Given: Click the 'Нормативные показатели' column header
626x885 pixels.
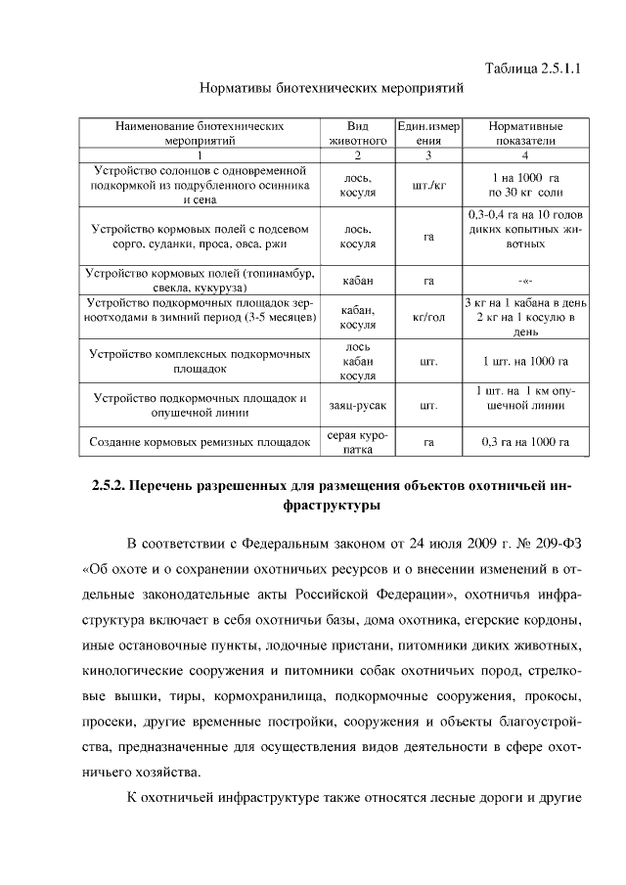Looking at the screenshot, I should click(x=525, y=133).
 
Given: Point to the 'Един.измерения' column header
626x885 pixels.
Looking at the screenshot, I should click(x=427, y=133).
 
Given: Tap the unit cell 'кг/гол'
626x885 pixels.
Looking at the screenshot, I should click(x=427, y=317).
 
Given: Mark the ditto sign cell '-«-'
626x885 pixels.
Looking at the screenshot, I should click(x=525, y=281).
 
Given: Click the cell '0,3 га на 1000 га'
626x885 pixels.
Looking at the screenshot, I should click(x=525, y=442).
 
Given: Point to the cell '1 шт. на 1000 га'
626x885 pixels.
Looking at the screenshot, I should click(x=525, y=362).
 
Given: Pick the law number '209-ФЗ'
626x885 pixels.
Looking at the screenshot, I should click(x=555, y=544).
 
